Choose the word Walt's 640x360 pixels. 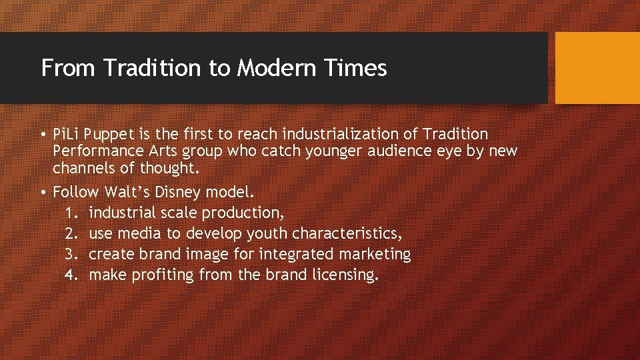(x=125, y=193)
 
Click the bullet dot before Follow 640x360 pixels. (x=43, y=193)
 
